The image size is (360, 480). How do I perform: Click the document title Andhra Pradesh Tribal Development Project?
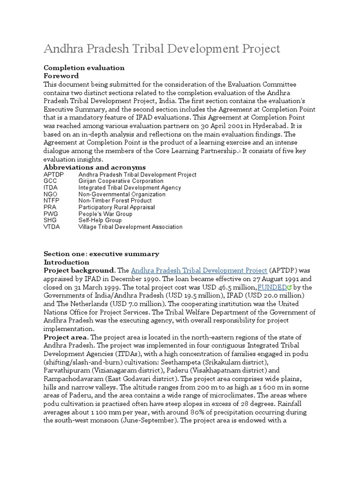[162, 49]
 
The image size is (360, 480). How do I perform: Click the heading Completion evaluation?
[84, 68]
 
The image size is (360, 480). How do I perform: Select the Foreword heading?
[61, 76]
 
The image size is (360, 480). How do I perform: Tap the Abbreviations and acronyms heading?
[94, 167]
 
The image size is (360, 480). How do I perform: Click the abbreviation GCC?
[51, 181]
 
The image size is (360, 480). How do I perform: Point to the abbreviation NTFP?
[52, 201]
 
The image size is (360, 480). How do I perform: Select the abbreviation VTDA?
[52, 227]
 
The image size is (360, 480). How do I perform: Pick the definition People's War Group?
[105, 214]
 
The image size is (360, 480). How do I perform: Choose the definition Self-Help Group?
[100, 220]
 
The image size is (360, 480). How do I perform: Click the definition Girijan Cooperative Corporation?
[121, 181]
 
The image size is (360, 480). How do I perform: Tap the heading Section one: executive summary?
[101, 254]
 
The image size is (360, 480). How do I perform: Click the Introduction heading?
[66, 262]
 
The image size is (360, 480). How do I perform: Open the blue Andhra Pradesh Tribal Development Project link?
[199, 270]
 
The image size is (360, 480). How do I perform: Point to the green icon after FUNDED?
[289, 287]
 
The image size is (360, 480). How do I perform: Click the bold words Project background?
[79, 270]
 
